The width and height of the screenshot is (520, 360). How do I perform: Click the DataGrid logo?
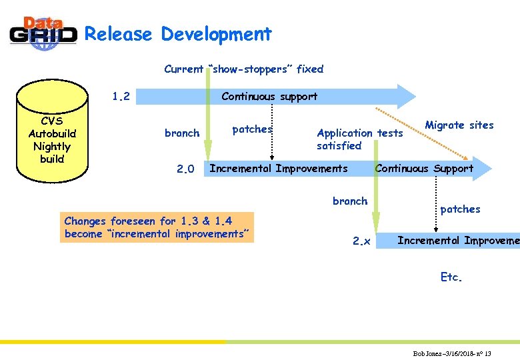[x=43, y=33]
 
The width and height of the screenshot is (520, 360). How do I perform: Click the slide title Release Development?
[x=178, y=34]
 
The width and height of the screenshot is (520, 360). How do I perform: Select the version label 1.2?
[x=121, y=97]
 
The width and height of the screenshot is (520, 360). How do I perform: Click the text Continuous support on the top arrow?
[x=269, y=97]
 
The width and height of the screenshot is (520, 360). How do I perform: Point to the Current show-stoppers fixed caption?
[x=243, y=69]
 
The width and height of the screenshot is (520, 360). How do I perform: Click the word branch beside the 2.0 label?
[x=182, y=133]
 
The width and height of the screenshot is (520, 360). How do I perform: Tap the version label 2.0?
[x=185, y=169]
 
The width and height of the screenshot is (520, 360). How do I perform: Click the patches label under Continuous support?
[x=252, y=129]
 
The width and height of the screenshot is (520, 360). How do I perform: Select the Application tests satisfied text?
[x=359, y=139]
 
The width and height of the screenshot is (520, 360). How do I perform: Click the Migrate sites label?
[x=459, y=125]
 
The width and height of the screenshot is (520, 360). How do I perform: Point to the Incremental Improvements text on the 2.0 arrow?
[x=278, y=168]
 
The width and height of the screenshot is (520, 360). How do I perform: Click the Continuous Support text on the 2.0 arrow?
[x=424, y=168]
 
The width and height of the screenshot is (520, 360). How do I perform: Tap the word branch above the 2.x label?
[x=350, y=201]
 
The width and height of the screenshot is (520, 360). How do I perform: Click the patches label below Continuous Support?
[x=460, y=209]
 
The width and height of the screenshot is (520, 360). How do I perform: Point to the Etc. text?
[x=451, y=277]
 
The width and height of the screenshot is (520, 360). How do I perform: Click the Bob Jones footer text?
[x=452, y=353]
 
